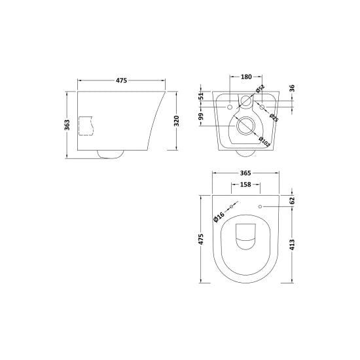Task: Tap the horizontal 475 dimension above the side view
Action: click(121, 81)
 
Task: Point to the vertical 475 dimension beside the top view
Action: click(201, 240)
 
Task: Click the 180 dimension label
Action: click(246, 77)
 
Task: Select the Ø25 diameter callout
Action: click(274, 116)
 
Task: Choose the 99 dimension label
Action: click(202, 117)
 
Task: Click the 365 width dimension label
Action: click(245, 173)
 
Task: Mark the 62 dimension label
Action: click(292, 202)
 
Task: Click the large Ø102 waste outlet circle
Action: click(246, 126)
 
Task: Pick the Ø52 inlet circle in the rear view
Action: click(246, 101)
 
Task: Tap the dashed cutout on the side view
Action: click(87, 125)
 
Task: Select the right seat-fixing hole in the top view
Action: click(261, 207)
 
